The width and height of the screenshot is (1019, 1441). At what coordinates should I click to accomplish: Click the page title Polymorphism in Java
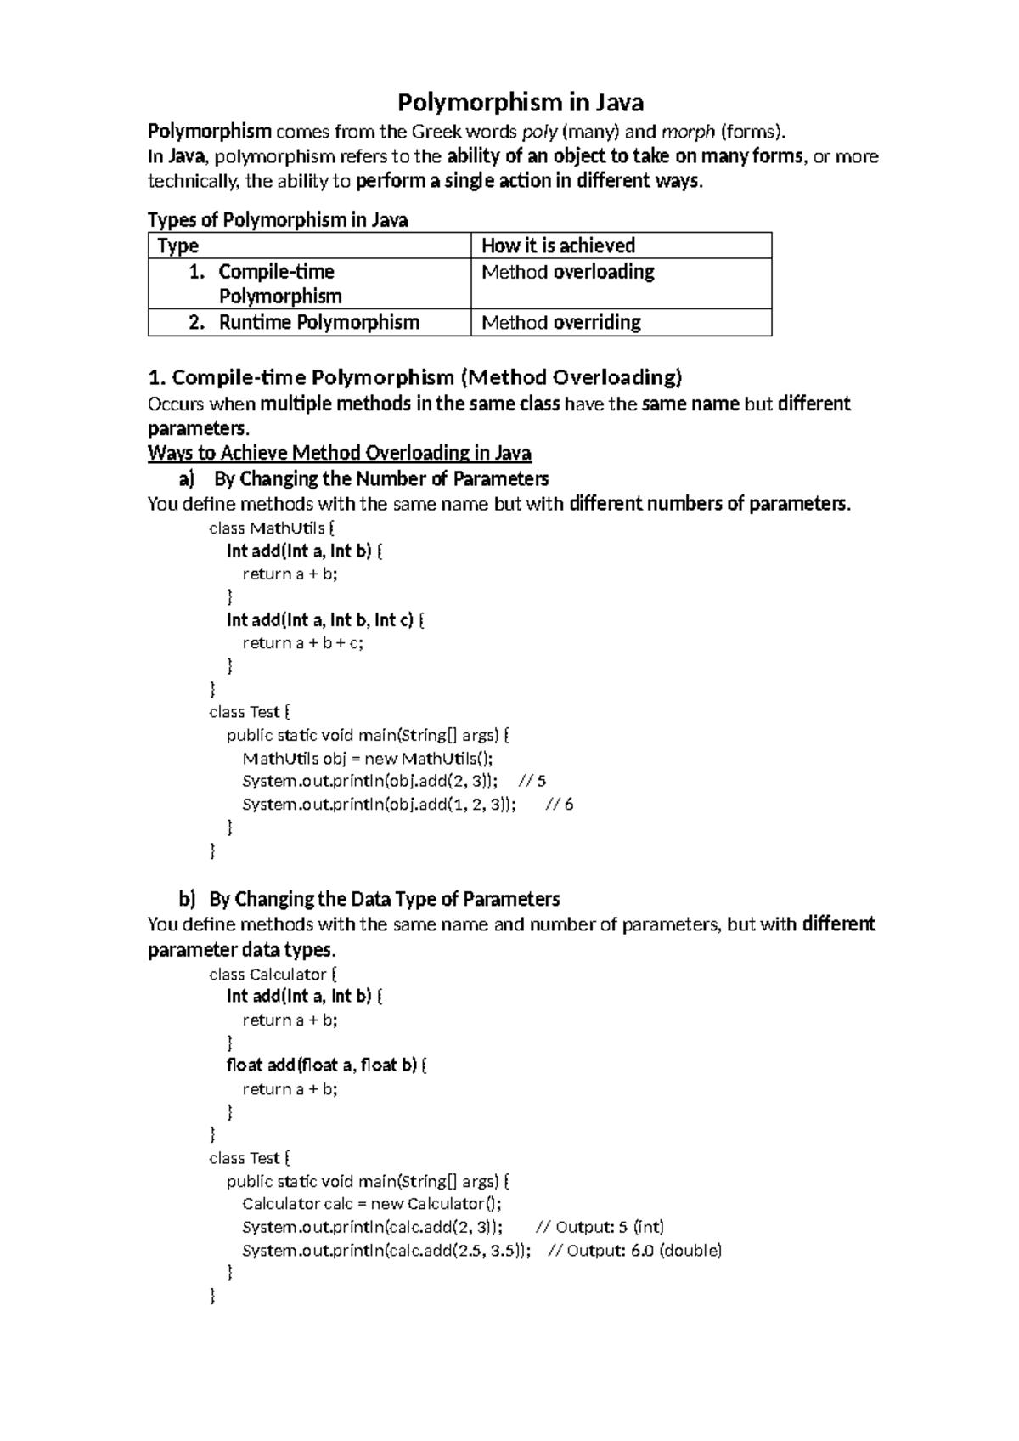tap(521, 103)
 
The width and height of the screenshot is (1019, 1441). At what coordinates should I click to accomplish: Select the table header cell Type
tap(178, 246)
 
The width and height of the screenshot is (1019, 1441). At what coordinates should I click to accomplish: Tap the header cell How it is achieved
tap(558, 246)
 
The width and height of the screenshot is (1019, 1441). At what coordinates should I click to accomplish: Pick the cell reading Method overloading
tap(567, 272)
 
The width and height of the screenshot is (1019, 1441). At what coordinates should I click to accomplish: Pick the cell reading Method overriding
tap(560, 322)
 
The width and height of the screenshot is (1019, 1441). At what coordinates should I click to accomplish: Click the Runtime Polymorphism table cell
tap(318, 322)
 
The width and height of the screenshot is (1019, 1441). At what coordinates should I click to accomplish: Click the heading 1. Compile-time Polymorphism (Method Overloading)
tap(414, 376)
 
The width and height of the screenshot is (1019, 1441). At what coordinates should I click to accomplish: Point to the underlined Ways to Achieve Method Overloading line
tap(340, 453)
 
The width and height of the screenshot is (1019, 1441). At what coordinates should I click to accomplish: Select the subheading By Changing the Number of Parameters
tap(380, 478)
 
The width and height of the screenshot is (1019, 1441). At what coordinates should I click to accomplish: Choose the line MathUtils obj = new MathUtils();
tap(367, 758)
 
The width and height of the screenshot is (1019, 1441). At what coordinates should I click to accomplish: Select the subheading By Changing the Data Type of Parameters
tap(384, 899)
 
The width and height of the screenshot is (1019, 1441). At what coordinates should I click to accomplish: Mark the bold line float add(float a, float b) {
tap(326, 1065)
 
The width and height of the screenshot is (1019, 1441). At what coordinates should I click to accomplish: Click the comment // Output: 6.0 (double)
tap(635, 1250)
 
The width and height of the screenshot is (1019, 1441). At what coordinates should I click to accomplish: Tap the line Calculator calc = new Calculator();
tap(372, 1204)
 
